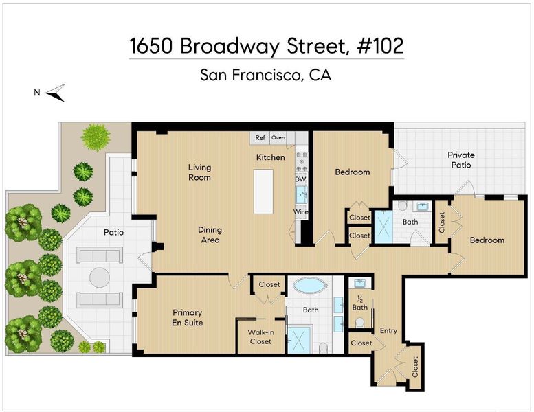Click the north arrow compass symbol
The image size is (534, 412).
(56, 93)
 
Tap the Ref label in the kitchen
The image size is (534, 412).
(260, 138)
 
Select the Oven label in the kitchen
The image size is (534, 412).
(278, 138)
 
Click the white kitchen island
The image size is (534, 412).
(263, 192)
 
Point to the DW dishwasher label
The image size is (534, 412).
(300, 179)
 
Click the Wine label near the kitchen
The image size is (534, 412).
(301, 211)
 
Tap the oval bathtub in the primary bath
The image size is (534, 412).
(310, 286)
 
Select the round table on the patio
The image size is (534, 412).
(100, 277)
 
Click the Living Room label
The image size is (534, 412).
(199, 172)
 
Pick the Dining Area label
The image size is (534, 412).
(210, 235)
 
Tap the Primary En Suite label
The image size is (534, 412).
(188, 317)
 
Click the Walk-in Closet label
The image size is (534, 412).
(260, 337)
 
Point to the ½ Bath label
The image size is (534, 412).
(360, 304)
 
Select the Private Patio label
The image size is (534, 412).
(460, 160)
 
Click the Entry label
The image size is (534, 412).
(388, 331)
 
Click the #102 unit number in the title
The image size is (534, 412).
(380, 45)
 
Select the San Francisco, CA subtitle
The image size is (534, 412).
(266, 75)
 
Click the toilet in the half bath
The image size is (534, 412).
(359, 323)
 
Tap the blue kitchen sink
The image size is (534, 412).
(301, 195)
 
